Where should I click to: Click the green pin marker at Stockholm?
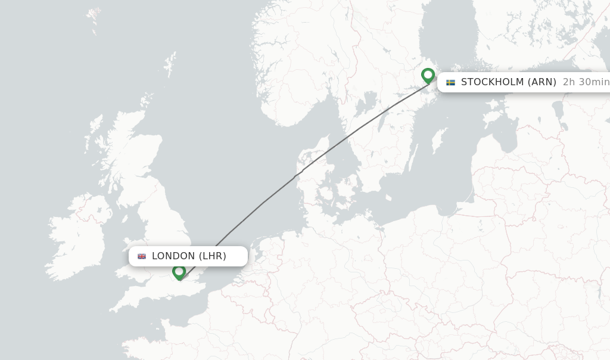point(428,75)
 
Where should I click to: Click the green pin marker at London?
point(179,272)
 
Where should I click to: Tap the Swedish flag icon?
point(450,82)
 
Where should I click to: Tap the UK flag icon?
point(142,256)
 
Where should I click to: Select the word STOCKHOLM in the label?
point(492,82)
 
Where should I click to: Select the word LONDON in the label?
point(173,256)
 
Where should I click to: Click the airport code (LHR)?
point(213,256)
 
